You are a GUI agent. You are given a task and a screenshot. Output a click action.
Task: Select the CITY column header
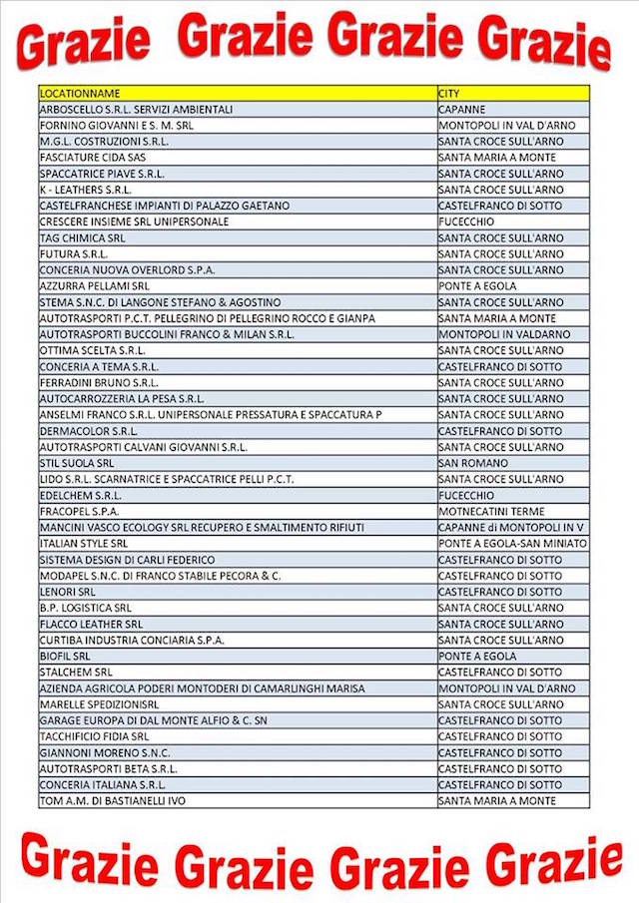[449, 93]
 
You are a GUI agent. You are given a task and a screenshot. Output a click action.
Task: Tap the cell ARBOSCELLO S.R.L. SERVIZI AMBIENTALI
[136, 109]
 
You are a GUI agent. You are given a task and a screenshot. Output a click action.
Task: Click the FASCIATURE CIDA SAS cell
[93, 158]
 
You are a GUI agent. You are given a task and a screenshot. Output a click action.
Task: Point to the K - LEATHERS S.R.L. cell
[86, 190]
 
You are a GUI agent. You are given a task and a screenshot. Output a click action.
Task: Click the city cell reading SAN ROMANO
[473, 463]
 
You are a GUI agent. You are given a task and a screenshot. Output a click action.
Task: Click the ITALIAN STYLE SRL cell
[84, 544]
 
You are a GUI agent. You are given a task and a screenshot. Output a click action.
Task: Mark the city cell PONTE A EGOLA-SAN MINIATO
[512, 544]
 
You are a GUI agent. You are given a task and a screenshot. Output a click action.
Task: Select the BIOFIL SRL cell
[65, 657]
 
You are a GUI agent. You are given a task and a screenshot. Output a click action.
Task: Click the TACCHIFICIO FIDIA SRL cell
[94, 736]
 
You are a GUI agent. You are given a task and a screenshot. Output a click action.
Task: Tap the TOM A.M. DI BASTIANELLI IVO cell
[112, 801]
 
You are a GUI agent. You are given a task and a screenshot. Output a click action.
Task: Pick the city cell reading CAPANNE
[462, 109]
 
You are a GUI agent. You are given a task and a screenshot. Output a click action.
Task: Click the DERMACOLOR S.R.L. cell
[89, 431]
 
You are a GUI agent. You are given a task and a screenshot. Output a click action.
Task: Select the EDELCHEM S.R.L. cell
[81, 495]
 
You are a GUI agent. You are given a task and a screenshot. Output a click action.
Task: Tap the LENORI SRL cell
[68, 592]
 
